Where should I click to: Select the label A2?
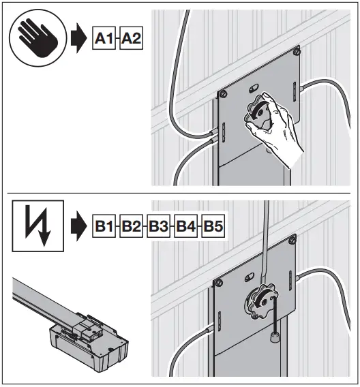[x=131, y=41]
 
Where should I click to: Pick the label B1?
[x=104, y=225]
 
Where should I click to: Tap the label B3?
[x=159, y=225]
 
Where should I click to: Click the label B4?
[x=187, y=225]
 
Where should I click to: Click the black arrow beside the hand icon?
[x=76, y=41]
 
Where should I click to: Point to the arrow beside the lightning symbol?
[x=76, y=225]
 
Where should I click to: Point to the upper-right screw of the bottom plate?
[x=293, y=238]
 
